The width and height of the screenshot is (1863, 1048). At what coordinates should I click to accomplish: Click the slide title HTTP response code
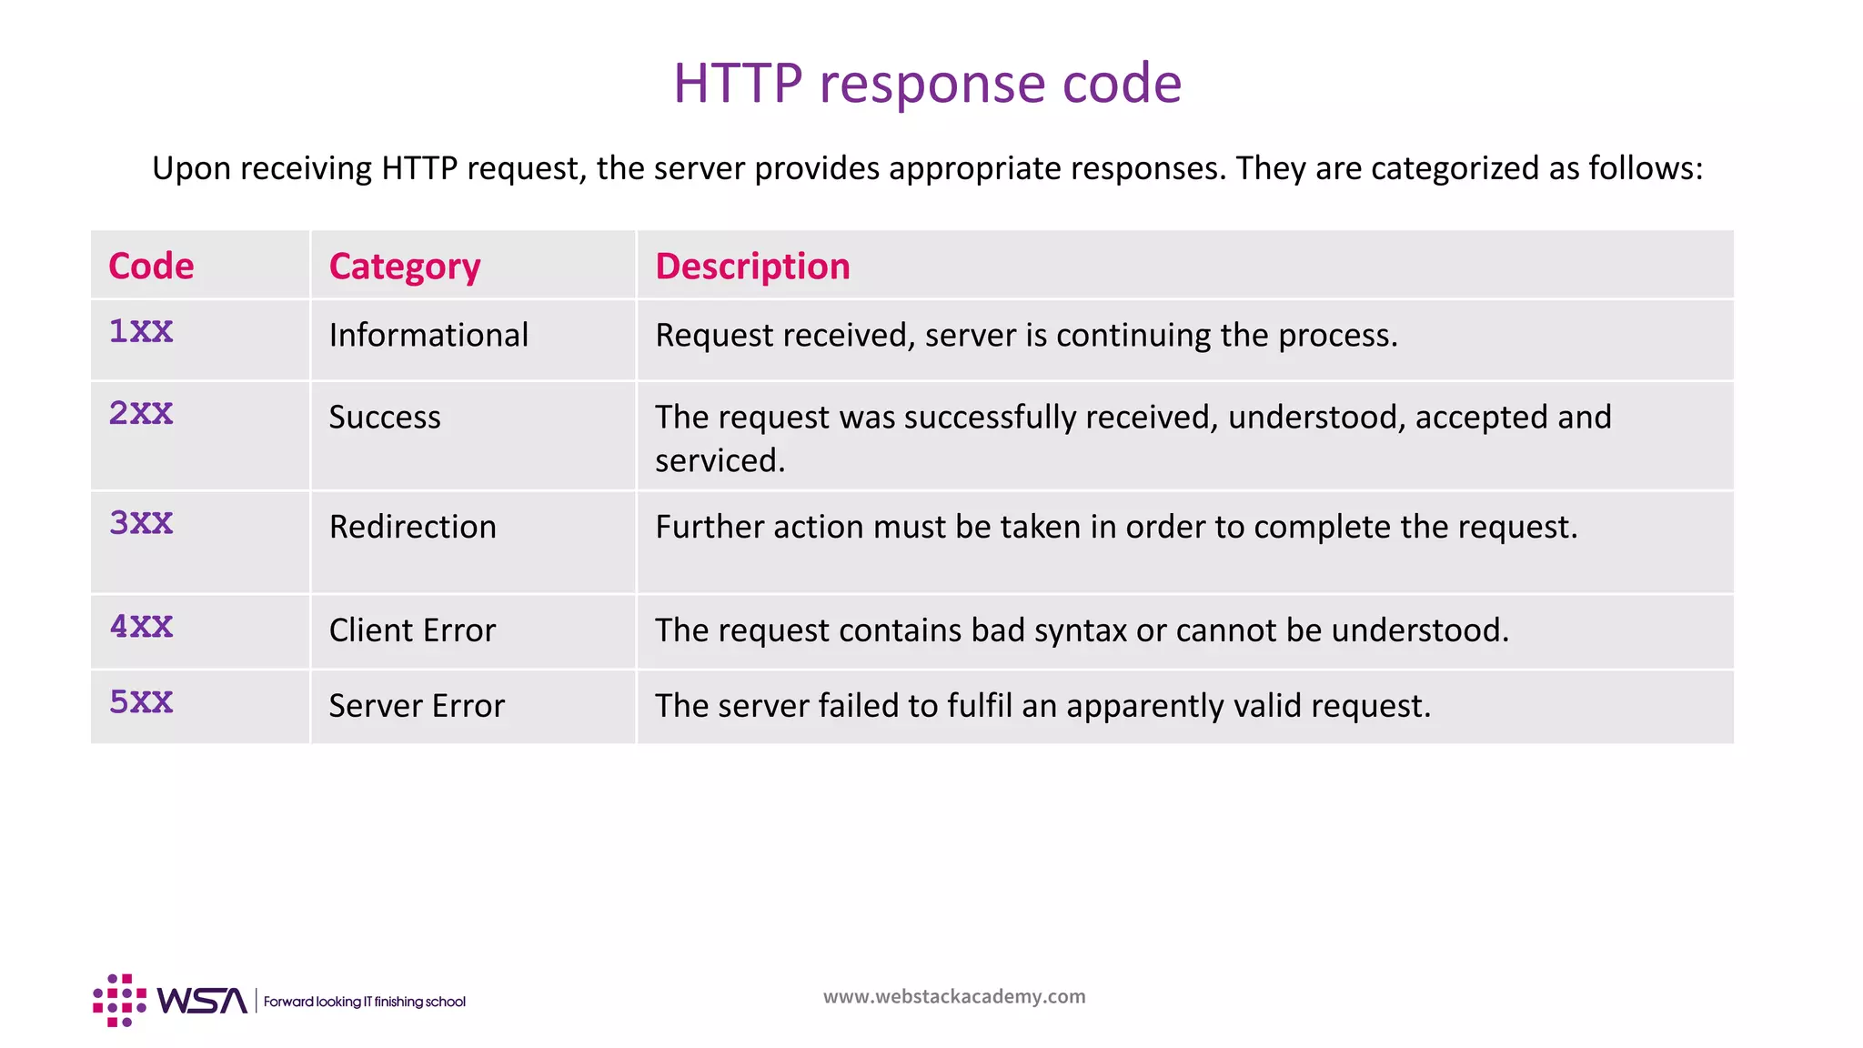point(927,84)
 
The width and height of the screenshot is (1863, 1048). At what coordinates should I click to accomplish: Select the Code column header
point(151,267)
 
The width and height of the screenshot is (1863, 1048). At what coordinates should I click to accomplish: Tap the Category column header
point(404,267)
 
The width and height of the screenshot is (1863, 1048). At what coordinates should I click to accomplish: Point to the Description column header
point(752,267)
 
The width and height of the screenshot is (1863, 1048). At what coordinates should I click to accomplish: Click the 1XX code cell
point(141,332)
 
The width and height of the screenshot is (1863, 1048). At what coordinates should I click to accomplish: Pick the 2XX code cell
point(141,414)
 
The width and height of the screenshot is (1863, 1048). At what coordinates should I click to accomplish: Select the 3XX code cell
point(141,523)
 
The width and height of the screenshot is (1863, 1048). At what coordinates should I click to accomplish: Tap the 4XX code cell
point(141,627)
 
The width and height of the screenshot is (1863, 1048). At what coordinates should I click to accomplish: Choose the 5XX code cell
point(141,702)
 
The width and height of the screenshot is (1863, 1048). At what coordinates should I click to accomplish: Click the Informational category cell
point(428,336)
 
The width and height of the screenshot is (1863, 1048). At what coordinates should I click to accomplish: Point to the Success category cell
point(385,418)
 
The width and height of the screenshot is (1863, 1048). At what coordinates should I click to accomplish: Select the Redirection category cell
point(412,528)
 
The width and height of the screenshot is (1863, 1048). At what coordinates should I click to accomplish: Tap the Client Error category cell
point(412,630)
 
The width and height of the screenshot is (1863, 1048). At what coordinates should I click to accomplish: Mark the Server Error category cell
point(417,706)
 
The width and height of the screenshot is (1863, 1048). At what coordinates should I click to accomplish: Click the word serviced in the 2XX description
point(719,461)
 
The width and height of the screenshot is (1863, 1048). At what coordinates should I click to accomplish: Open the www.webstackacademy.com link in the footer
point(954,997)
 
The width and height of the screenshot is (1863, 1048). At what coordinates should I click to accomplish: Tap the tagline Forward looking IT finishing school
point(365,1002)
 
